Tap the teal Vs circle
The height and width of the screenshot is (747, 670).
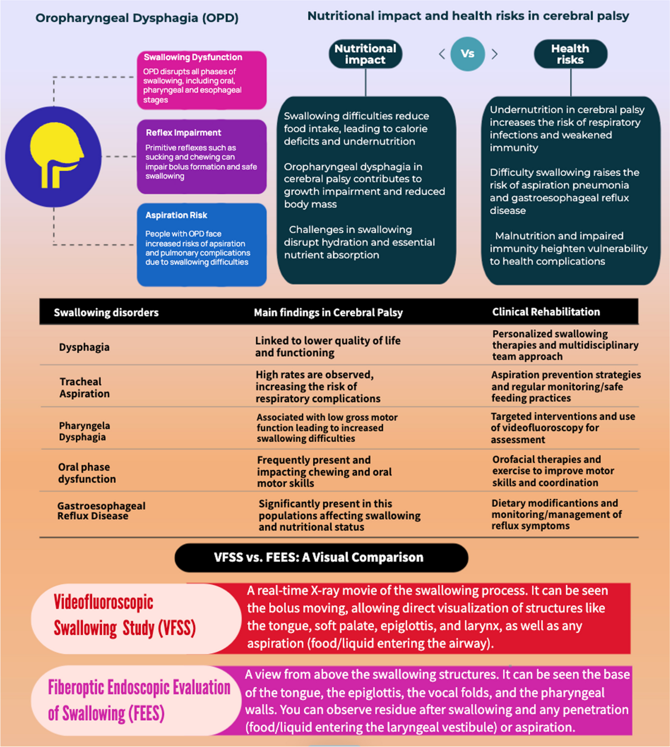(467, 54)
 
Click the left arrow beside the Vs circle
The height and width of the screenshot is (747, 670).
(442, 54)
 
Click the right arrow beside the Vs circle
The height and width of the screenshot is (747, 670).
(494, 54)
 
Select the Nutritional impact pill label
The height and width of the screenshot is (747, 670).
(365, 54)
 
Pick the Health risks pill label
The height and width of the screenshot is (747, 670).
(570, 54)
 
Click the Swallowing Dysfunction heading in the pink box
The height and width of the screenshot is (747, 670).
(193, 58)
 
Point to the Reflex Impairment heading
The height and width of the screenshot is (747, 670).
(183, 133)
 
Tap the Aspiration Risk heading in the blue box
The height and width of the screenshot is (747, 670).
(176, 216)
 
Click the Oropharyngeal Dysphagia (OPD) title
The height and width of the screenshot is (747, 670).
(137, 18)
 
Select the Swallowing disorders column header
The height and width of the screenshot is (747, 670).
(106, 313)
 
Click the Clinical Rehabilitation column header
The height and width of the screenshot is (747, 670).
(546, 312)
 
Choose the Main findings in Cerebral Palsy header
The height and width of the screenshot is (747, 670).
(328, 313)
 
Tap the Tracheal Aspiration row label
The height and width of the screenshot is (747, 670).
(84, 387)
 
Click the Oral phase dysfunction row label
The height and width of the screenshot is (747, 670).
(87, 473)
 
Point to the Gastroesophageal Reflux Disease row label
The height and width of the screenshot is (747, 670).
(101, 511)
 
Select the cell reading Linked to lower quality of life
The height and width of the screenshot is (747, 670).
(328, 347)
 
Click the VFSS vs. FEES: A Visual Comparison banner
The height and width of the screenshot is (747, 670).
(321, 558)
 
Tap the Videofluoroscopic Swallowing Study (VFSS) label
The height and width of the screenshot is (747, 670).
(125, 615)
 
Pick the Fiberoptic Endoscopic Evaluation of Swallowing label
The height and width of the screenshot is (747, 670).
(138, 700)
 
